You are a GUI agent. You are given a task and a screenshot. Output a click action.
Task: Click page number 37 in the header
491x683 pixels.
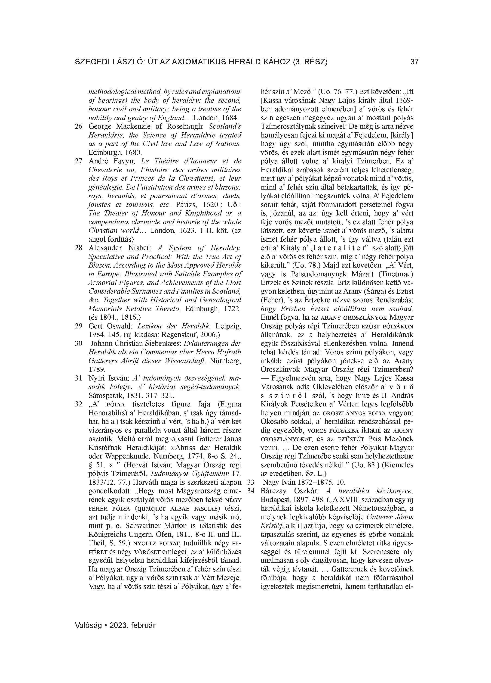tap(414, 62)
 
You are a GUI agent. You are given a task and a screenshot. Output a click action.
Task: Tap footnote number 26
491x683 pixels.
tap(79, 126)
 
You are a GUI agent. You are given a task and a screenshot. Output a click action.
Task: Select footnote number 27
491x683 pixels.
tap(79, 161)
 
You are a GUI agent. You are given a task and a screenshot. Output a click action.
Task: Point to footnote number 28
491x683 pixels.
tap(79, 248)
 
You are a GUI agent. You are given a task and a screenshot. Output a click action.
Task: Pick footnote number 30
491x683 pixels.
tap(79, 343)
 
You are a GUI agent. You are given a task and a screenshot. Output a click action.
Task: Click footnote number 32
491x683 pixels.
tap(79, 404)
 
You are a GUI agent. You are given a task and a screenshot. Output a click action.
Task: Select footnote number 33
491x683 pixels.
tap(251, 482)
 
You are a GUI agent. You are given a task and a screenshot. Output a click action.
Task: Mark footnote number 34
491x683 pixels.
tap(251, 491)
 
